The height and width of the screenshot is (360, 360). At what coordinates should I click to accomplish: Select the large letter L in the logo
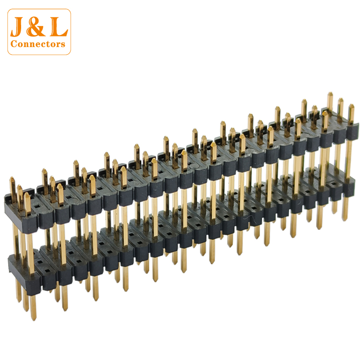click(59, 26)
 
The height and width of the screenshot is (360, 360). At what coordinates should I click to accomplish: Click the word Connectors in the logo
click(38, 44)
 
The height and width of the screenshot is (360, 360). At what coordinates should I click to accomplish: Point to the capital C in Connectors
click(14, 44)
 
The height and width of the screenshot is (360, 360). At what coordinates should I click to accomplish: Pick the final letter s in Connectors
click(63, 45)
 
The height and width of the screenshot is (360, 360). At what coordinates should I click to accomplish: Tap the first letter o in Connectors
click(21, 45)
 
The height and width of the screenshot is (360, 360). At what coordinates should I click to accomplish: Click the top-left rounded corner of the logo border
click(9, 11)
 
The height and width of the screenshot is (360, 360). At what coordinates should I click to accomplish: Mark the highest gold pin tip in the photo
click(330, 93)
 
